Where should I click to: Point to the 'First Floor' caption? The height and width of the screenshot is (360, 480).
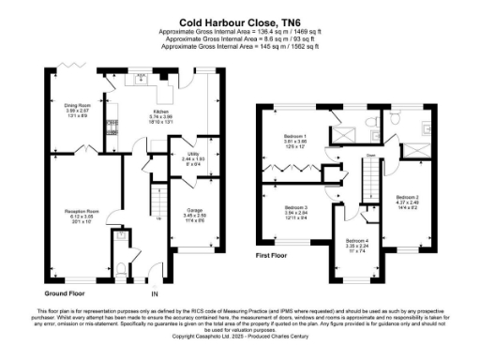tap(275, 254)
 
